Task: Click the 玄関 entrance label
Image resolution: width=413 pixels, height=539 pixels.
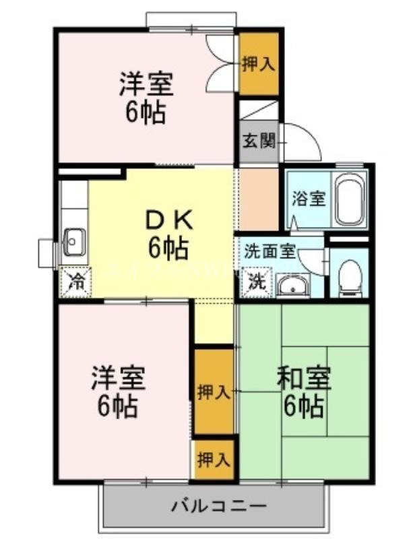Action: [259, 141]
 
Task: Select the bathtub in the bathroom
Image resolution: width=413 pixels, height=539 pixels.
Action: [350, 200]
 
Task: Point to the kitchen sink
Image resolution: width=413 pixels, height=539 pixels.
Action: [73, 242]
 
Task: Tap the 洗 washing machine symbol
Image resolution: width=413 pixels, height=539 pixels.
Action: [257, 283]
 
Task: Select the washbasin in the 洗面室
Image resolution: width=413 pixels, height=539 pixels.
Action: [292, 287]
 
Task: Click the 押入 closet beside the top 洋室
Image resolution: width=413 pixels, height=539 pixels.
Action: [259, 64]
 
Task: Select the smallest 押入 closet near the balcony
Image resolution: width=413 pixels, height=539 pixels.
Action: [214, 460]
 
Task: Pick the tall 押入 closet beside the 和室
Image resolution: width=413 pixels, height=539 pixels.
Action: [214, 391]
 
